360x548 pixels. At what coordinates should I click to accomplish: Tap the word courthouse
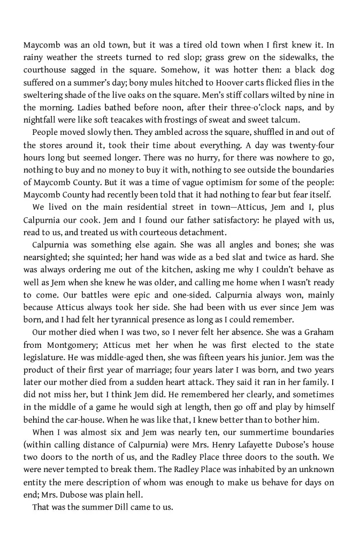pos(45,70)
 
